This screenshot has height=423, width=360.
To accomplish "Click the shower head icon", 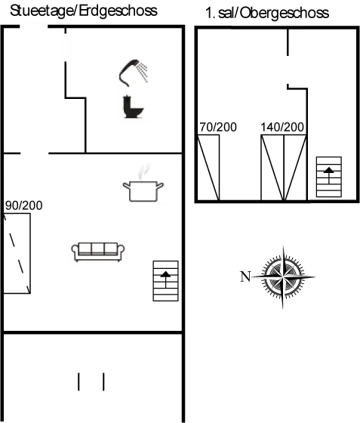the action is (133, 73).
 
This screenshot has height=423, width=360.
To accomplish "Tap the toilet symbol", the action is (133, 107).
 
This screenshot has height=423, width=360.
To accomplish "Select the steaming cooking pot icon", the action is (143, 185).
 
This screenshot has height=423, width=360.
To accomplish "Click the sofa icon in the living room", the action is (98, 252).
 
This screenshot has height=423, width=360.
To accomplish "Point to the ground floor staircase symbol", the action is (166, 281).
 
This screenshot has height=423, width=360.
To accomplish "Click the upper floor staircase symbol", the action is (329, 177).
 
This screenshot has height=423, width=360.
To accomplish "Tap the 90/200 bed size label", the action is (23, 205).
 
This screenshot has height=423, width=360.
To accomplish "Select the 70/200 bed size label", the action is (218, 127).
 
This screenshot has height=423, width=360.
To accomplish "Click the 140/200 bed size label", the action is (282, 127).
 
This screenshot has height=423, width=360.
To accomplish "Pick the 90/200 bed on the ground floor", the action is (17, 253).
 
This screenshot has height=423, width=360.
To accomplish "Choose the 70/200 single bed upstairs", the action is (208, 168).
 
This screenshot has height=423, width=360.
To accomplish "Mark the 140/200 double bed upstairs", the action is (284, 168).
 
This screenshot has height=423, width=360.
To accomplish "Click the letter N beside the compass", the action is (245, 276).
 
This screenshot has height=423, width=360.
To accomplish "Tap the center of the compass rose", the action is (283, 276).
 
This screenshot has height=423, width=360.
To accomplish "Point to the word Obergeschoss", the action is (285, 14).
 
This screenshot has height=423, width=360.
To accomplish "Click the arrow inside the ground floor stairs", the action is (165, 279).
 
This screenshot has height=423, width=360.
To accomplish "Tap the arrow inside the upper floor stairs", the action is (329, 175).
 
